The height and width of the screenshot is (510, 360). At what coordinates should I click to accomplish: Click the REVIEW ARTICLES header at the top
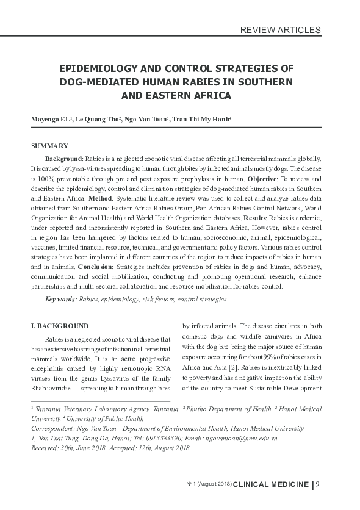point(281,29)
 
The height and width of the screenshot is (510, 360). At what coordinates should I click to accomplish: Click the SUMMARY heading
point(49,147)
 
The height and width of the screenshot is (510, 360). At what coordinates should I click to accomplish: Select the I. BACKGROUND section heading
point(60,326)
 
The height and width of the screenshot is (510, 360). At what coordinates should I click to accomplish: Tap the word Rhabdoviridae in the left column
point(52,388)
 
